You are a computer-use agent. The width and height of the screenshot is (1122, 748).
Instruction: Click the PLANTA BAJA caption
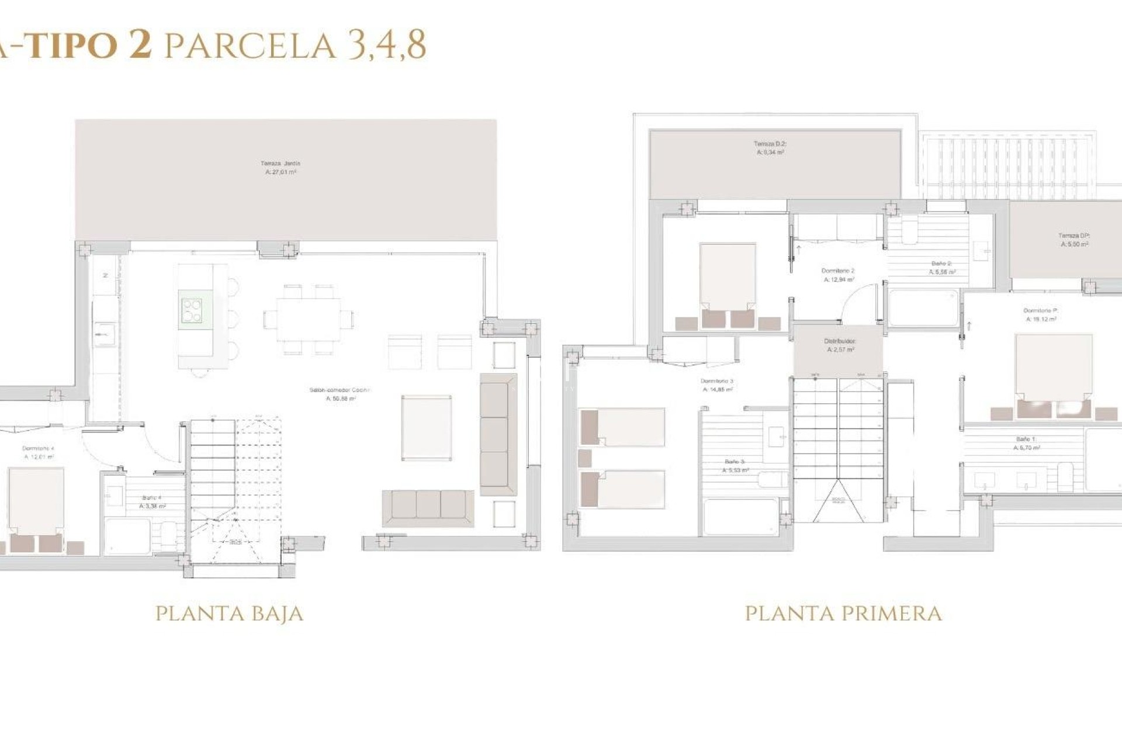[229, 614]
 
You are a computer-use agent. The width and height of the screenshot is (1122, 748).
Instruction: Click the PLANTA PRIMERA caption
[843, 614]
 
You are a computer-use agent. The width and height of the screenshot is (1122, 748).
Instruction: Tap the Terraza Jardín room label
[280, 168]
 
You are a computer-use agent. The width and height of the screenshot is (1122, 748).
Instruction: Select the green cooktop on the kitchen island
[192, 310]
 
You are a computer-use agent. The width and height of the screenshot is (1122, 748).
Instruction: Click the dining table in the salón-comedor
[309, 320]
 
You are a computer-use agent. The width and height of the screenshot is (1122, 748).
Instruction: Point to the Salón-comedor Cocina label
[340, 394]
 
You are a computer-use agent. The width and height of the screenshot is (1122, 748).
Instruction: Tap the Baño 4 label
[152, 502]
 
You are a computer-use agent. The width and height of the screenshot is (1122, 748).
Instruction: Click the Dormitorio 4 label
[39, 452]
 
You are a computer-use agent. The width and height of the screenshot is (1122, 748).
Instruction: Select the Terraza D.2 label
[770, 148]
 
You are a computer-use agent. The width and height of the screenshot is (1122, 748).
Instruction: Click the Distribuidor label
[840, 345]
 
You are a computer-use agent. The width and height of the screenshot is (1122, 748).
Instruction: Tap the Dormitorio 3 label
[717, 385]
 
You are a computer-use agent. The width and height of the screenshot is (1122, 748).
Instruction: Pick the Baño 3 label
[735, 466]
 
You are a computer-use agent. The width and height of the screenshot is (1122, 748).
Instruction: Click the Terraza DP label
[1074, 240]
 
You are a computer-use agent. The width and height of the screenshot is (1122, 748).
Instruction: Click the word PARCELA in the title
[250, 46]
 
